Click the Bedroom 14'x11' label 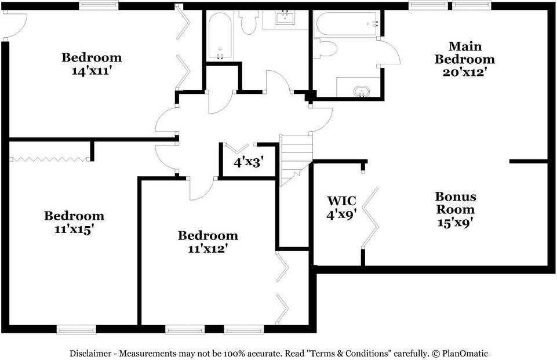click(x=92, y=64)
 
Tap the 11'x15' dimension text click(x=74, y=229)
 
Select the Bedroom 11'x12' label click(x=208, y=242)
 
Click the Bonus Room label click(x=455, y=202)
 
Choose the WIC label click(x=341, y=201)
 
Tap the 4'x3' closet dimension click(x=249, y=162)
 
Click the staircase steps click(x=296, y=159)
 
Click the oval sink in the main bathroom click(x=362, y=92)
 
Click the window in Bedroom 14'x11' click(x=99, y=5)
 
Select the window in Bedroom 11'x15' click(x=77, y=330)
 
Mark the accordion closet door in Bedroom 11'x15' click(x=49, y=159)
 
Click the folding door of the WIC click(x=370, y=217)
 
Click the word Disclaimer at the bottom click(x=90, y=354)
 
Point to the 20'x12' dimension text click(x=464, y=72)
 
